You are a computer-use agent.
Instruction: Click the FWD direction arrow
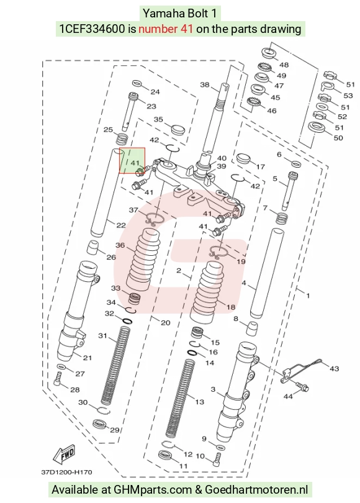tap(64, 455)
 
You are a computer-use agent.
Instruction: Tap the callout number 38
tap(205, 84)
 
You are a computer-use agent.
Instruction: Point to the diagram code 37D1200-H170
tap(66, 472)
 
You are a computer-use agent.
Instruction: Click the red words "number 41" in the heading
tap(166, 29)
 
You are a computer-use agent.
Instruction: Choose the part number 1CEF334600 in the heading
tap(92, 29)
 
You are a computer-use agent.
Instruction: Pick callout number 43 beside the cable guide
tap(334, 369)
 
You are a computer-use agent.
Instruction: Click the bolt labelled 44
tap(302, 385)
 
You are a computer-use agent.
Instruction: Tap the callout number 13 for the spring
tap(199, 402)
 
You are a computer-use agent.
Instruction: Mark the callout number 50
tap(338, 138)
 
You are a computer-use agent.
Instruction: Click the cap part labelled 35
tap(179, 129)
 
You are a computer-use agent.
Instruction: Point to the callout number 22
tap(120, 225)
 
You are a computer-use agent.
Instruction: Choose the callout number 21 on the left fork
tap(87, 358)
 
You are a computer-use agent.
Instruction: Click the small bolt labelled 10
tap(217, 459)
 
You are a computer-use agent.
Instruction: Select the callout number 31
tap(102, 335)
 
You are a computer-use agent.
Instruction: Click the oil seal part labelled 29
tap(100, 424)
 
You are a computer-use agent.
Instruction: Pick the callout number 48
tap(284, 65)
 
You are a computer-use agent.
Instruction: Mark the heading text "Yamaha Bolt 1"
tap(180, 14)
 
